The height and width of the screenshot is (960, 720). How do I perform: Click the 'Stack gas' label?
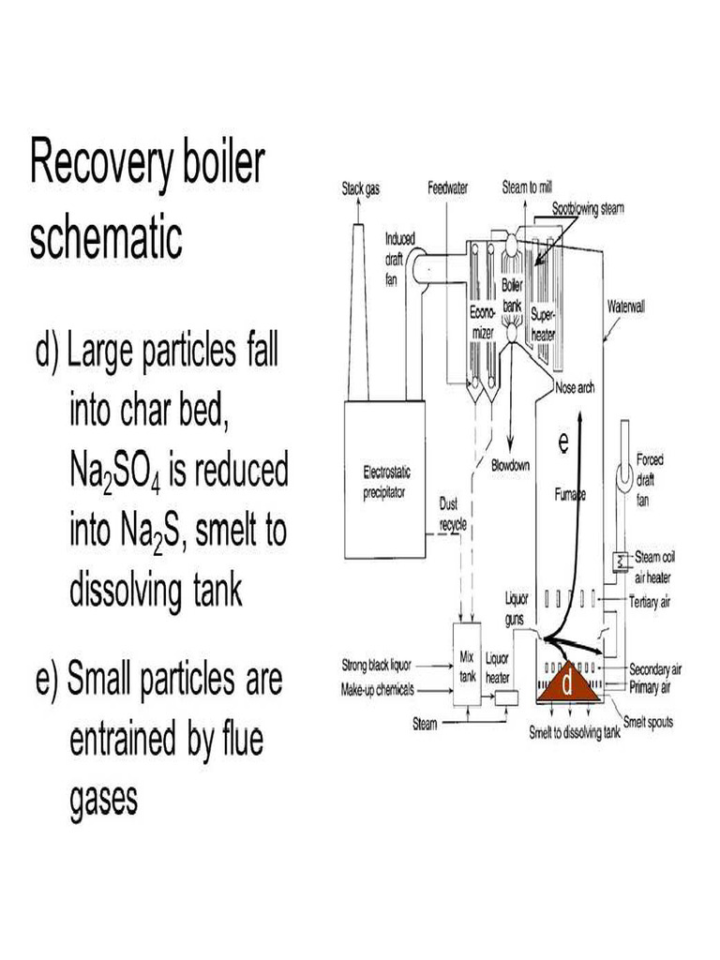(360, 188)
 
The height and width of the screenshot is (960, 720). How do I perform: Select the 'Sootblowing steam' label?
(588, 207)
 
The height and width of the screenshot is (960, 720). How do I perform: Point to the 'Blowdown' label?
(512, 465)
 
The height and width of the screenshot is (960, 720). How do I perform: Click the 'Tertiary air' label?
(651, 601)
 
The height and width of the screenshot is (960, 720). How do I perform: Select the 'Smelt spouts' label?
(648, 723)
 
